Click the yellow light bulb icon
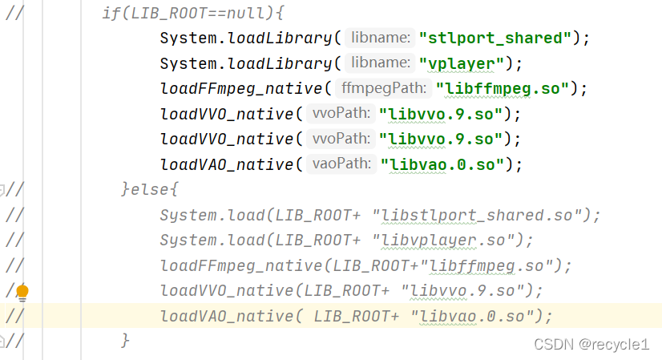click(x=22, y=291)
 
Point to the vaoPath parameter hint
click(x=340, y=164)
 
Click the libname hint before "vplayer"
click(x=381, y=63)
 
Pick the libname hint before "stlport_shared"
click(x=381, y=37)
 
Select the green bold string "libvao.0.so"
click(x=443, y=164)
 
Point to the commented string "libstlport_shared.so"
click(x=484, y=215)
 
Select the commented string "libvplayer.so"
click(x=450, y=241)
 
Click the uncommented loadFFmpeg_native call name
click(x=240, y=88)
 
